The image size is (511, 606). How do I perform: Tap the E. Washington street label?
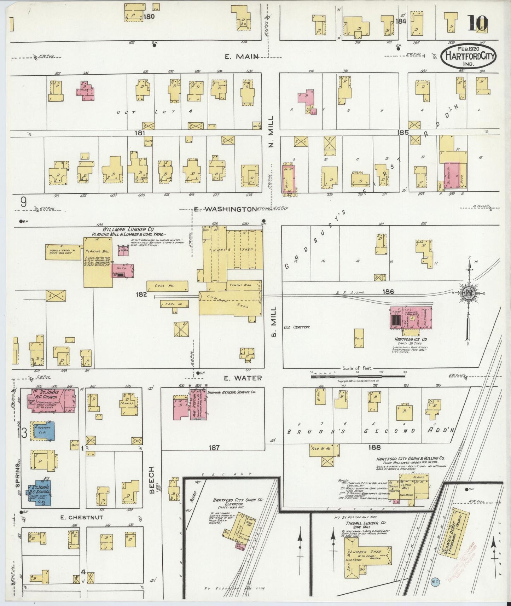pyautogui.click(x=225, y=209)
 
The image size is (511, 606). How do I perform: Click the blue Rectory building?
pyautogui.click(x=42, y=431)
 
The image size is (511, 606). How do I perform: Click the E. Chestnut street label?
pyautogui.click(x=82, y=517)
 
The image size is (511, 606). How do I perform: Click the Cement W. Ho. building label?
pyautogui.click(x=240, y=285)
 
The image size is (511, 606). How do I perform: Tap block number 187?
pyautogui.click(x=214, y=447)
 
